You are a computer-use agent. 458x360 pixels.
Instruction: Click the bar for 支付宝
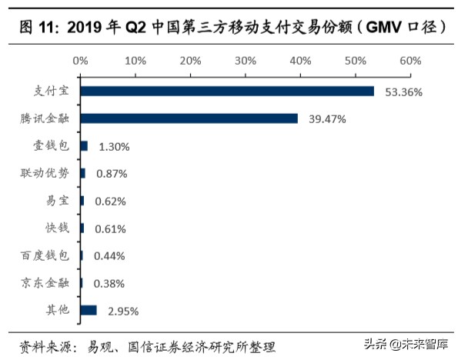(226, 92)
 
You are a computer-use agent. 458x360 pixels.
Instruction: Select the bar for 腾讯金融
(189, 118)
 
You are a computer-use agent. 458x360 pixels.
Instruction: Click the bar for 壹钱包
(83, 146)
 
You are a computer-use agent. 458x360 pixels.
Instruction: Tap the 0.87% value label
(111, 174)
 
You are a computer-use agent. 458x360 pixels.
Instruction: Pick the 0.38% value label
(109, 283)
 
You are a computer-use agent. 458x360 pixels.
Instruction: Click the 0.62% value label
(109, 202)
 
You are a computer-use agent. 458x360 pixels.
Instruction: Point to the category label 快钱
(57, 228)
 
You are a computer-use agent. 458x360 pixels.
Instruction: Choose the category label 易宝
(57, 201)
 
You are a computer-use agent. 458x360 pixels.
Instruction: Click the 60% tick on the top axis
(410, 60)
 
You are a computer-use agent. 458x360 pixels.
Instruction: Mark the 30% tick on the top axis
(245, 60)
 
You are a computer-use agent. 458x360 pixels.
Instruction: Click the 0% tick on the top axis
(80, 60)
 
